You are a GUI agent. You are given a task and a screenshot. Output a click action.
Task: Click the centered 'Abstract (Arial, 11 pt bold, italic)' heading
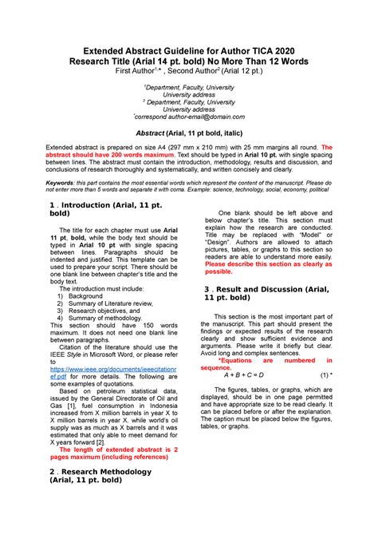click(x=189, y=134)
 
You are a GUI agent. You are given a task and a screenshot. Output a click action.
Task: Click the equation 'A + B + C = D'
click(x=250, y=374)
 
